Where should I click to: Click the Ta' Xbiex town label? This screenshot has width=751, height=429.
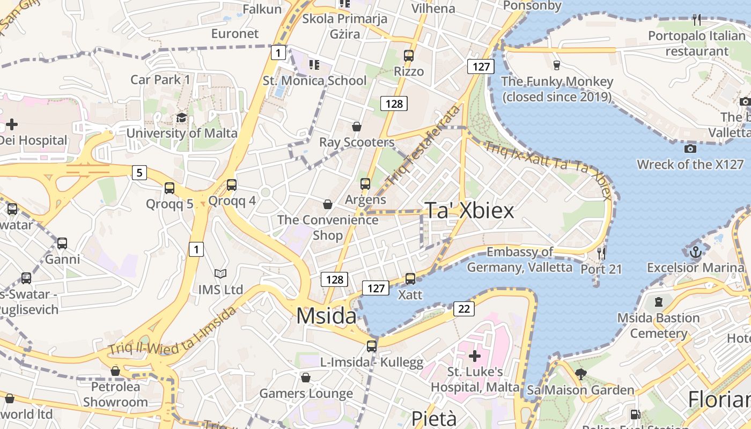[469, 211]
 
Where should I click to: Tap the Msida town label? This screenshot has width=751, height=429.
[326, 316]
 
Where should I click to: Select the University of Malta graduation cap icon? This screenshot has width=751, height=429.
[182, 118]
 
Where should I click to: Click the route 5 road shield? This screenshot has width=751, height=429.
[139, 173]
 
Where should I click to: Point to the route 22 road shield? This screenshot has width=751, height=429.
[464, 309]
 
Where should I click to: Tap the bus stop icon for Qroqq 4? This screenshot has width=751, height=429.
[232, 185]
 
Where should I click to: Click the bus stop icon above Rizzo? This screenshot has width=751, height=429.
[409, 55]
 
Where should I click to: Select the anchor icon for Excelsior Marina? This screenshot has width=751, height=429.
[696, 251]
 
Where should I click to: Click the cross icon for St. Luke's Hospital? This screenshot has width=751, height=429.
[475, 356]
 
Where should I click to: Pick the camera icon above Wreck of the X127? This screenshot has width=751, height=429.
[690, 149]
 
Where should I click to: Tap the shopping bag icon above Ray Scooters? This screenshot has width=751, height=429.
[357, 127]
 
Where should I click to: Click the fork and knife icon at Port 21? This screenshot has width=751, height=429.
[601, 253]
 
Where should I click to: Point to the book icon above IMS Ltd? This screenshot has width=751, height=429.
[220, 274]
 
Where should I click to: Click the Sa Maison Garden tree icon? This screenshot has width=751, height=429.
[580, 374]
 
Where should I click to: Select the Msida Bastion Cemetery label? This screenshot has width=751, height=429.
[658, 326]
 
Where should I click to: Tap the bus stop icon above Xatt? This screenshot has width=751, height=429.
[410, 278]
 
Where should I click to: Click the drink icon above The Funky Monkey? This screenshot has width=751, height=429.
[557, 65]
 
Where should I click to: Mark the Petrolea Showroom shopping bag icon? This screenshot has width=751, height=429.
[115, 371]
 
